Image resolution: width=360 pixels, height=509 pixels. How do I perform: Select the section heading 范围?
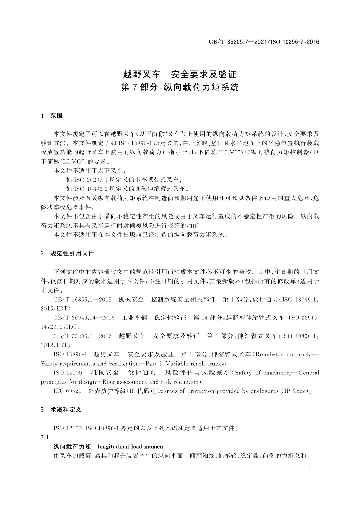(x=57, y=116)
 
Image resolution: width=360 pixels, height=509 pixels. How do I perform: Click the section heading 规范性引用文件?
(x=72, y=253)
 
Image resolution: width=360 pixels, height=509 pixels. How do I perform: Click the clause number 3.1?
(x=45, y=437)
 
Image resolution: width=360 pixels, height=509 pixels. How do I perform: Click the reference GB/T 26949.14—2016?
(x=84, y=318)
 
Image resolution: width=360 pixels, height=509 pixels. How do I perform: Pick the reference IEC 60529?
(x=67, y=391)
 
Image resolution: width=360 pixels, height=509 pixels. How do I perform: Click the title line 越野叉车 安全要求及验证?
(x=180, y=74)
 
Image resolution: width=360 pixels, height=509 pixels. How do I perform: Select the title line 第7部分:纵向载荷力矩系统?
(x=180, y=87)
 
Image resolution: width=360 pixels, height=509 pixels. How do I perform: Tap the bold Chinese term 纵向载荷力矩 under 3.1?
(x=72, y=446)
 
